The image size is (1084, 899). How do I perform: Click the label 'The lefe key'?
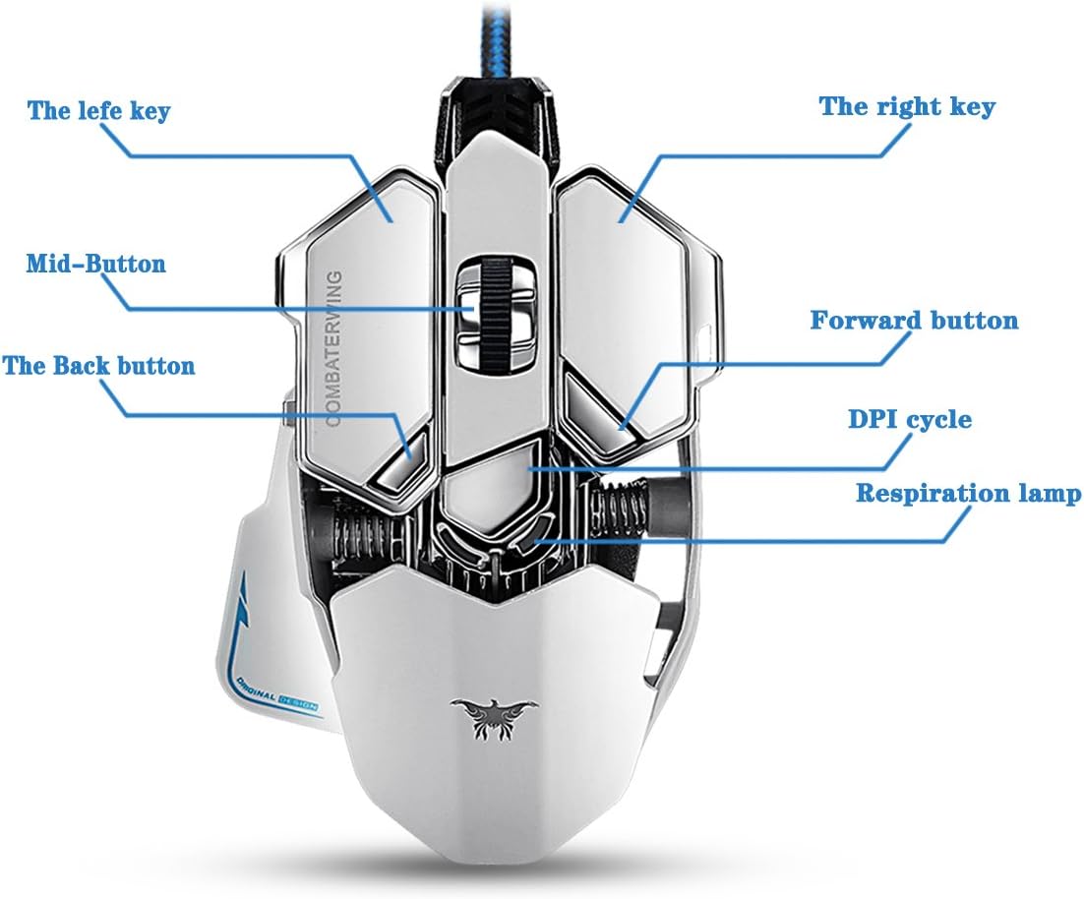click(98, 109)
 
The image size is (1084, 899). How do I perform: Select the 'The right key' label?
click(907, 106)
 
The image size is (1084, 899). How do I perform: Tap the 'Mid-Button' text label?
click(95, 264)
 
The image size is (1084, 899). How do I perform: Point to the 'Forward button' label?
click(914, 321)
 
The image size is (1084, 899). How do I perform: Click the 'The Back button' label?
click(98, 366)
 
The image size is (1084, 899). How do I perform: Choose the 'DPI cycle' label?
click(910, 420)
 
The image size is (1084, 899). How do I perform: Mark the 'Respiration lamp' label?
click(968, 493)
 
